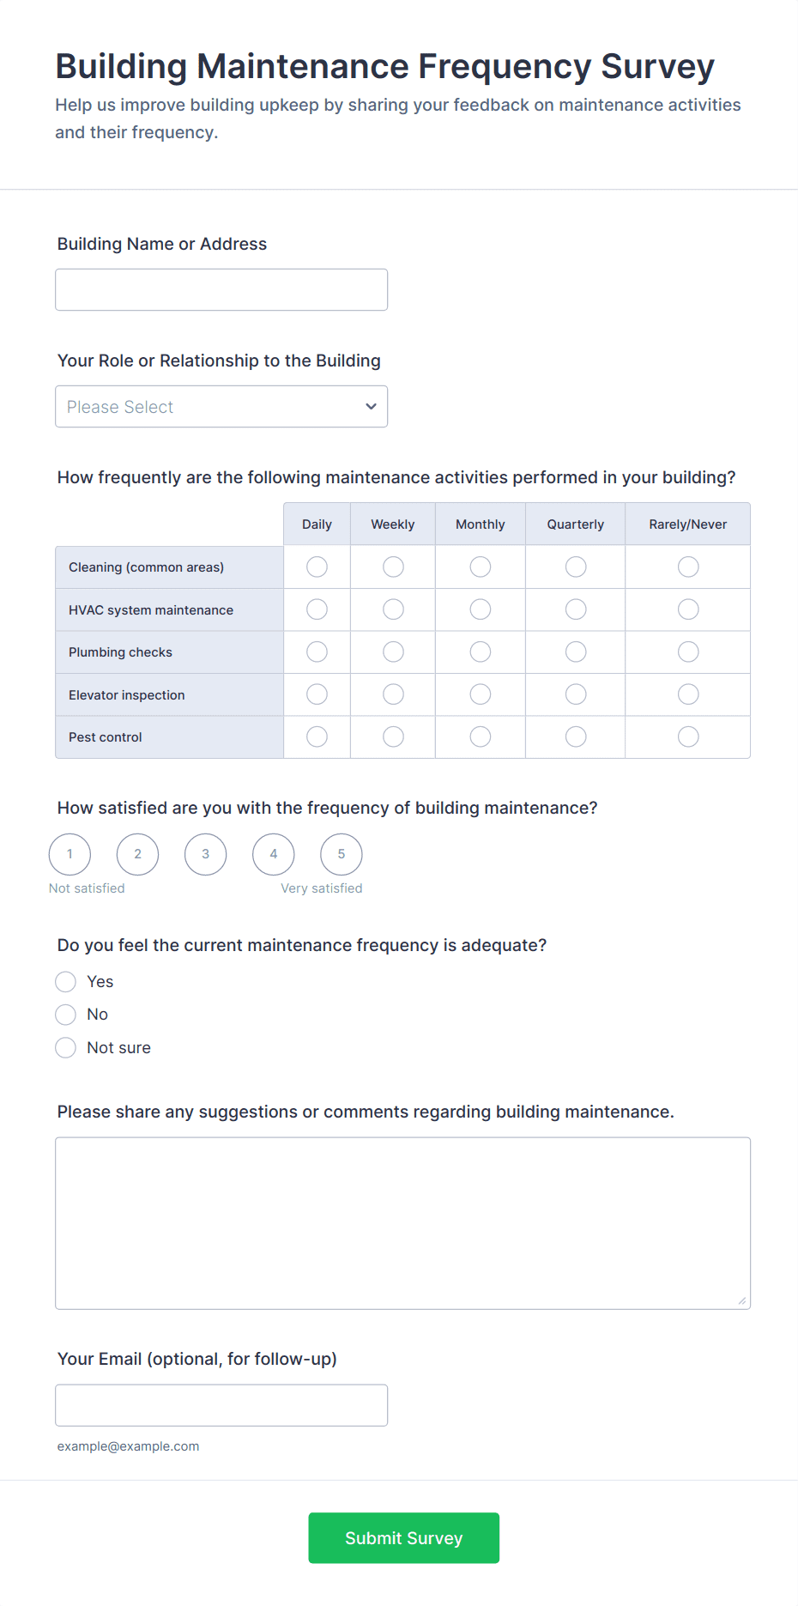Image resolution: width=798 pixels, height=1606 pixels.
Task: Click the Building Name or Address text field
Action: pyautogui.click(x=221, y=290)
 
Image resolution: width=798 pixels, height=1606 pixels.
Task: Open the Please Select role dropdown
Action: pyautogui.click(x=221, y=407)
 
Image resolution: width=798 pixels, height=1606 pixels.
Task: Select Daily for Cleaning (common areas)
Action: pyautogui.click(x=317, y=567)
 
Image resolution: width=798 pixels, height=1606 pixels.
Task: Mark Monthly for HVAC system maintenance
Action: pyautogui.click(x=481, y=609)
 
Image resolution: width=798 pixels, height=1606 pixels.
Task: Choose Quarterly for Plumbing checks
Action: pyautogui.click(x=576, y=652)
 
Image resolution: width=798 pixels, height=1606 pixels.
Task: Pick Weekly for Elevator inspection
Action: pyautogui.click(x=393, y=694)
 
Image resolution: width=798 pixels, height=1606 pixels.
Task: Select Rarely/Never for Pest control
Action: pyautogui.click(x=688, y=736)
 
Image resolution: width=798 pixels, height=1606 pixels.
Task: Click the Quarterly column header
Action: pyautogui.click(x=576, y=524)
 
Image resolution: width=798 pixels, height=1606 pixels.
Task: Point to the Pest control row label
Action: pyautogui.click(x=106, y=737)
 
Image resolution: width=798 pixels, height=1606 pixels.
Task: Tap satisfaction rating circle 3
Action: pyautogui.click(x=206, y=854)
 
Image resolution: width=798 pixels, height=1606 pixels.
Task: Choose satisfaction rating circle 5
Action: pyautogui.click(x=342, y=854)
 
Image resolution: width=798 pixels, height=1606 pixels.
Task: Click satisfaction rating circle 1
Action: pyautogui.click(x=70, y=854)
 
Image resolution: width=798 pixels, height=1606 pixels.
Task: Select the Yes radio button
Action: pyautogui.click(x=66, y=982)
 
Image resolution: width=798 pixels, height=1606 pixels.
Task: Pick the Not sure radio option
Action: pyautogui.click(x=66, y=1048)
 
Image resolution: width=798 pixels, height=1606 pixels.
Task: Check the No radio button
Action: pyautogui.click(x=66, y=1015)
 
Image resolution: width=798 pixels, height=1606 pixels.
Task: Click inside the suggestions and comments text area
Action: pyautogui.click(x=402, y=1223)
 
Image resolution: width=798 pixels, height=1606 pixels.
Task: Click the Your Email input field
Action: pyautogui.click(x=221, y=1405)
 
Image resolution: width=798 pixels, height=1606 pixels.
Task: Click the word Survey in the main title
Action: pyautogui.click(x=657, y=67)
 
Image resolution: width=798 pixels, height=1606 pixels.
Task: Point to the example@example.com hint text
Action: pyautogui.click(x=129, y=1446)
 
